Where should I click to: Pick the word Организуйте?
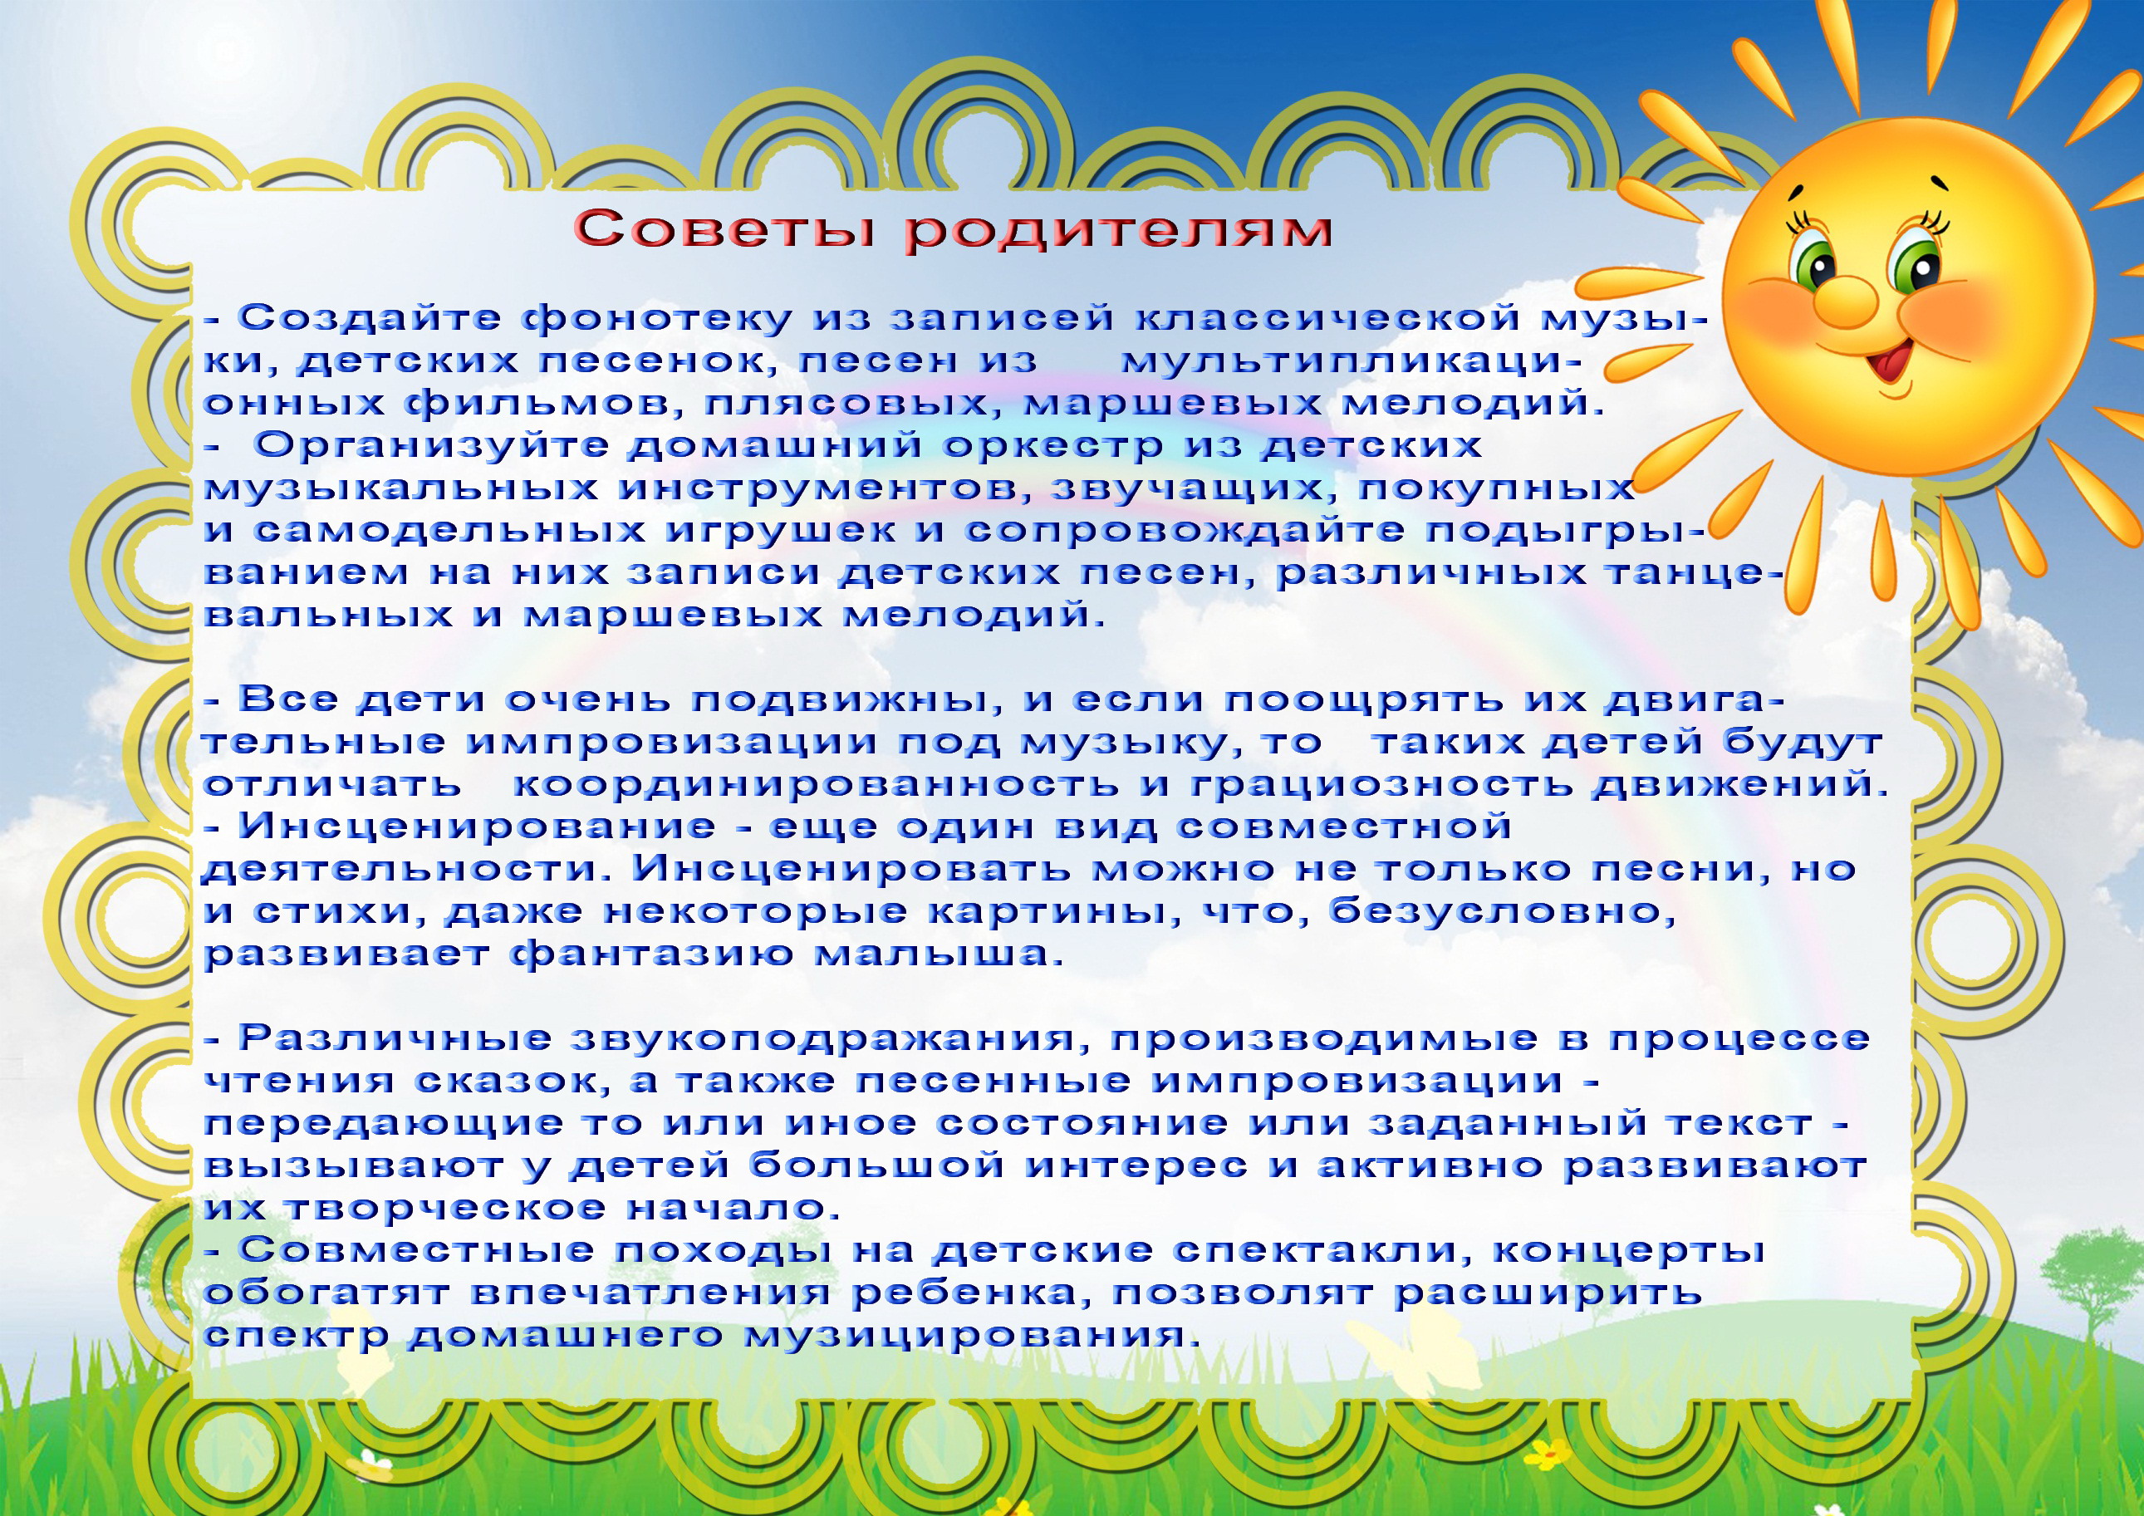(x=430, y=446)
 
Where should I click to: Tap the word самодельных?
(x=450, y=532)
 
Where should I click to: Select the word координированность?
(x=815, y=786)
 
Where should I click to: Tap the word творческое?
(x=444, y=1209)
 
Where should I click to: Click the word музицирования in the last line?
(x=972, y=1337)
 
